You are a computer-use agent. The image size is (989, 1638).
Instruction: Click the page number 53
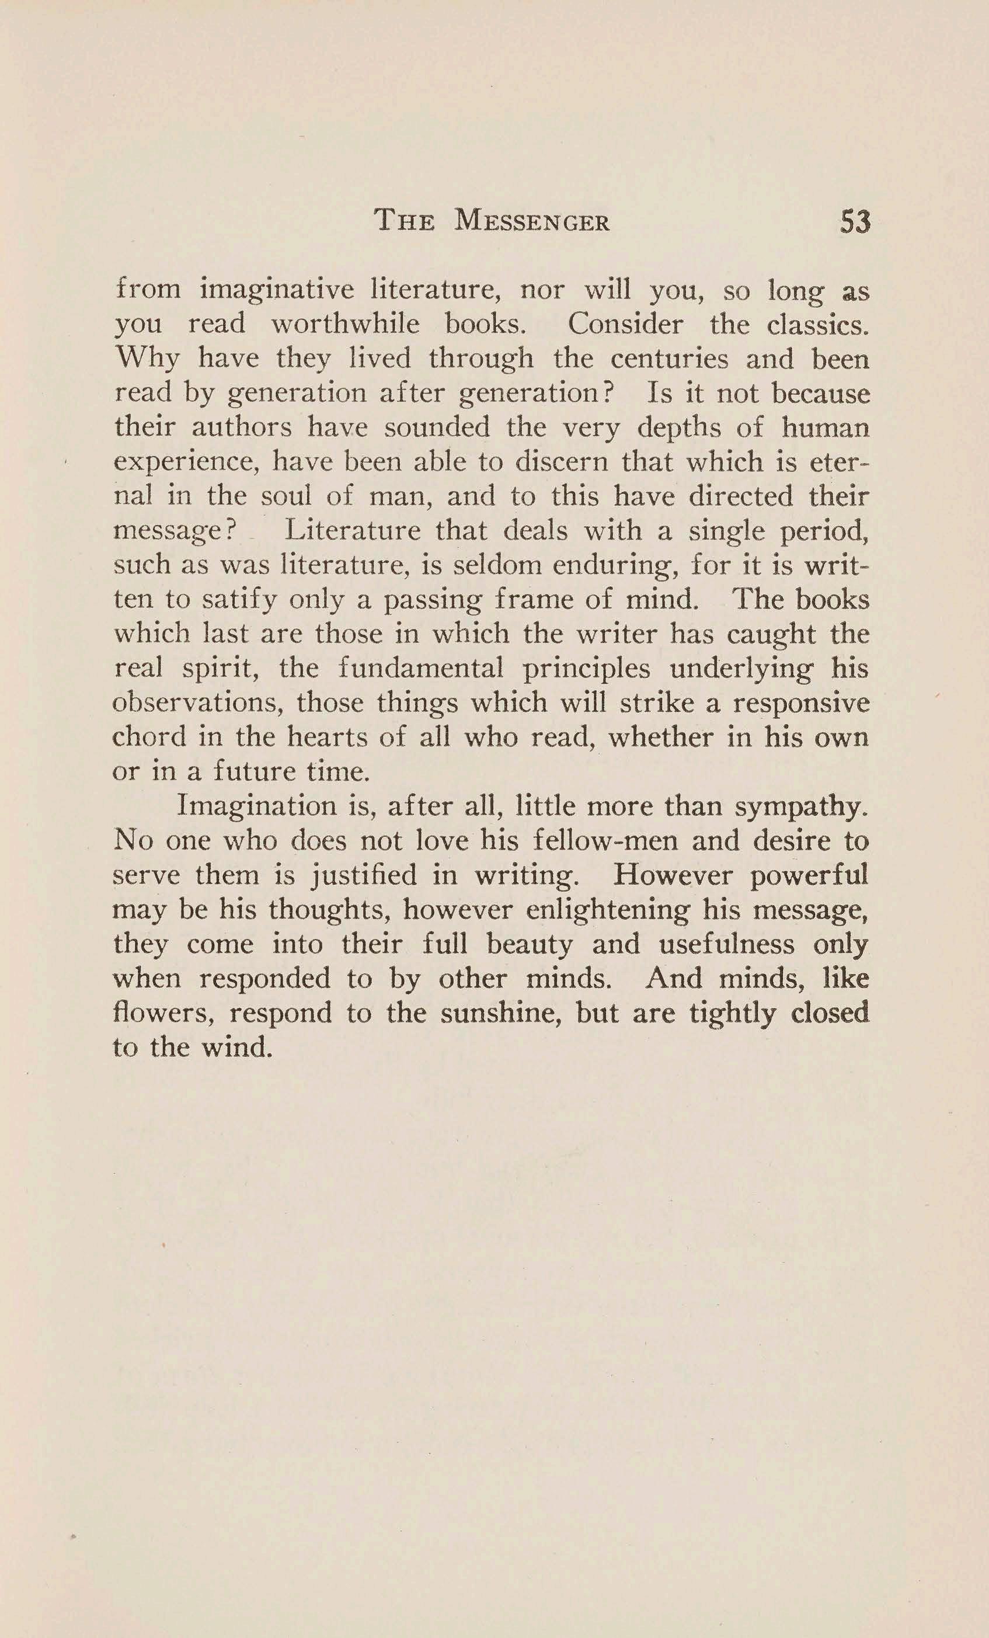855,221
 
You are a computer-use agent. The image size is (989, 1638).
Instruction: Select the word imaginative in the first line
277,290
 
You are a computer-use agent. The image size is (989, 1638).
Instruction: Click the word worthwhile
345,325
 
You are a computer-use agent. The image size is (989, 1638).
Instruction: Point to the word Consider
625,325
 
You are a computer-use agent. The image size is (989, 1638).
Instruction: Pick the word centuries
668,359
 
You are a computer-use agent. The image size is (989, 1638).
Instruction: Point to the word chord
149,737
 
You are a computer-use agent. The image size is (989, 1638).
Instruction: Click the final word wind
237,1048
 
